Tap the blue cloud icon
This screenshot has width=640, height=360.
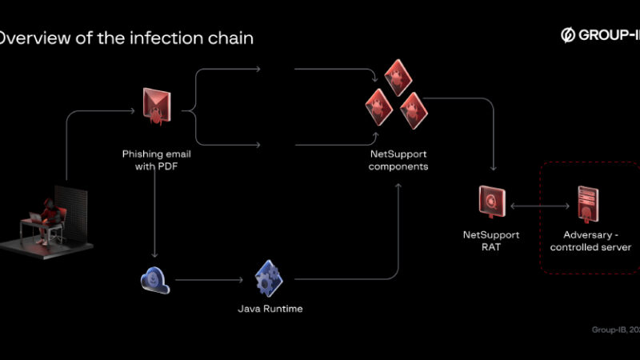(154, 279)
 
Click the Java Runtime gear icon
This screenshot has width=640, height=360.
(269, 278)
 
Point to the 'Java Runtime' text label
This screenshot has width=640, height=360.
(270, 308)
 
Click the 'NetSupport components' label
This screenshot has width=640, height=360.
(398, 160)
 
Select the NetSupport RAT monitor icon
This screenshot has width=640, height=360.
(490, 202)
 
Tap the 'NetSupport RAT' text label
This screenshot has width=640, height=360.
(491, 241)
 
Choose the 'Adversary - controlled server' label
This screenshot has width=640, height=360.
(590, 241)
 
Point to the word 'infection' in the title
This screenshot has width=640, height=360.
(158, 38)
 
